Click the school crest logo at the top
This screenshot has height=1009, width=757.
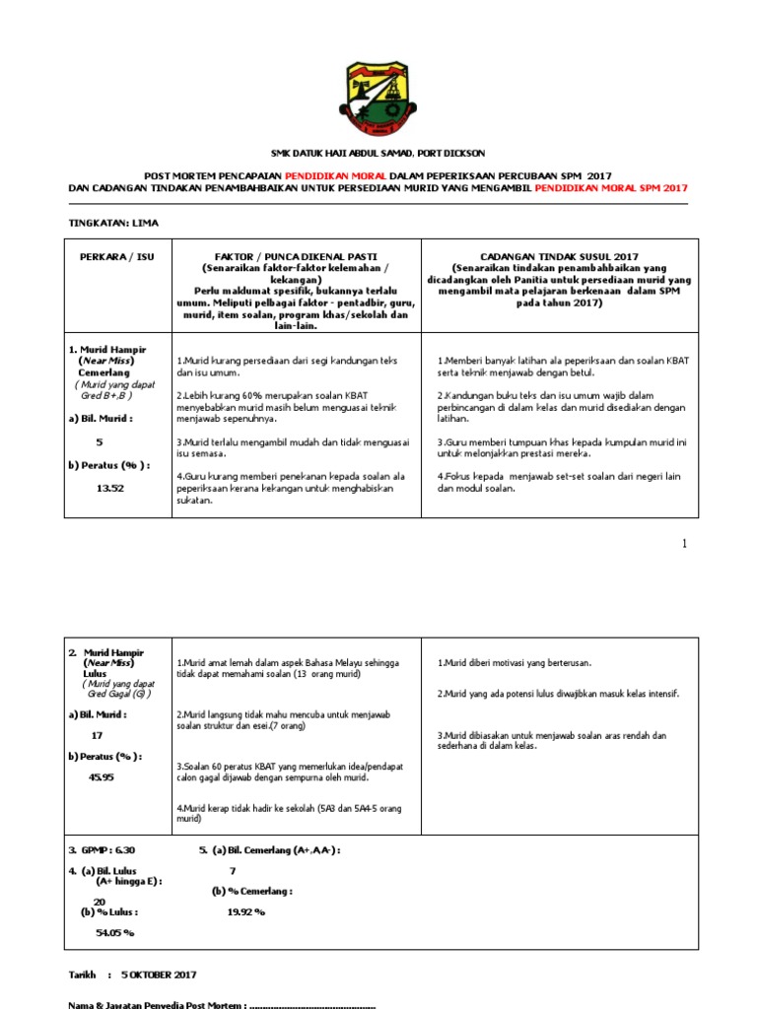(378, 100)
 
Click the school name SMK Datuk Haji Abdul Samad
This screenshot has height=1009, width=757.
(378, 153)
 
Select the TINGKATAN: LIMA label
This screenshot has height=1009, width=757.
(112, 223)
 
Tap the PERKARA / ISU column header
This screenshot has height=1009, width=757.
(111, 256)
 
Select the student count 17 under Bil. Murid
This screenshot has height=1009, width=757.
(96, 735)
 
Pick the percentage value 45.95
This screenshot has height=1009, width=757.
(103, 777)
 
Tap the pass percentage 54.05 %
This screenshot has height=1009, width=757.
(114, 931)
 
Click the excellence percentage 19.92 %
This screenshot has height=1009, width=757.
(246, 911)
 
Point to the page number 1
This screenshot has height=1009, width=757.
(684, 544)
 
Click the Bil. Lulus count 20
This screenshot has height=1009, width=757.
(99, 902)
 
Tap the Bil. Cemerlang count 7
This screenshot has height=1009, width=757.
(233, 870)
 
